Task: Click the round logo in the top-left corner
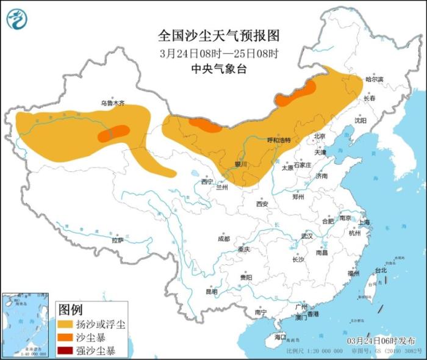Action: (17, 19)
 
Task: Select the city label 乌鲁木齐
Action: (113, 104)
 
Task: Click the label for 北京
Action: (320, 136)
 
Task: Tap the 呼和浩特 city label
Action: (280, 140)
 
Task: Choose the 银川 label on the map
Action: (241, 164)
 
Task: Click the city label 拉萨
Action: (117, 240)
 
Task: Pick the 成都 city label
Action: (223, 239)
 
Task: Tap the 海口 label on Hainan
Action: (280, 337)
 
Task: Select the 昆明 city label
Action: (211, 292)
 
